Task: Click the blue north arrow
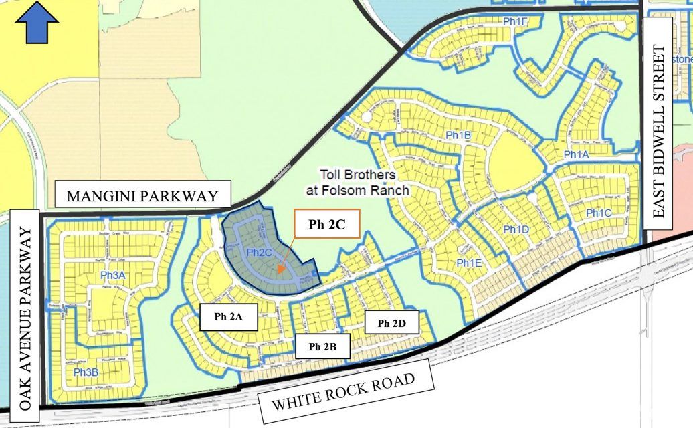point(37,21)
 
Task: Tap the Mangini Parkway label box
point(142,195)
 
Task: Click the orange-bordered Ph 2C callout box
point(326,224)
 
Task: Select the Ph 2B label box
point(322,346)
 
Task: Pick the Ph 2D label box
point(393,324)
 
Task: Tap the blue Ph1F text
point(516,21)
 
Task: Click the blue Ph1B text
point(458,136)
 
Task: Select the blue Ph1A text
point(576,154)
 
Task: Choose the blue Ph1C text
point(599,213)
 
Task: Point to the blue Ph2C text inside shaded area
point(258,252)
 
